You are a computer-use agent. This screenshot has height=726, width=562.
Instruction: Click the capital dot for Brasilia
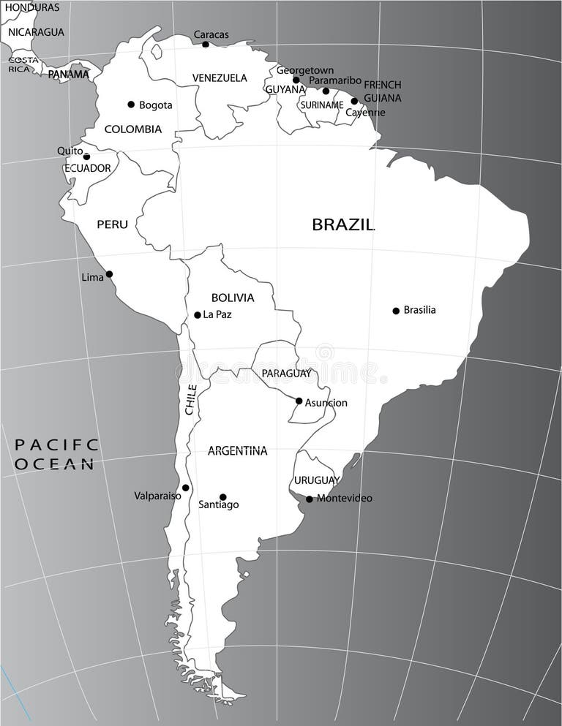[396, 311]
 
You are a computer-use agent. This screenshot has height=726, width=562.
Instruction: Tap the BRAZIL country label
[343, 224]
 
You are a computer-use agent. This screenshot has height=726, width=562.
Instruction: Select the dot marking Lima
[109, 274]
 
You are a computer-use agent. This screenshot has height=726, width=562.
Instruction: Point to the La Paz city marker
[197, 315]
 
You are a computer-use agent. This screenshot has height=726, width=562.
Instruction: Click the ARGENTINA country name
[237, 451]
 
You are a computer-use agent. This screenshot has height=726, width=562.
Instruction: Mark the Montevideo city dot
[309, 499]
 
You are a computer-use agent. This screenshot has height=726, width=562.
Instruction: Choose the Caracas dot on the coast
[206, 45]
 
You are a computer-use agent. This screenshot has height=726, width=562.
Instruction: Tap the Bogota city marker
[131, 105]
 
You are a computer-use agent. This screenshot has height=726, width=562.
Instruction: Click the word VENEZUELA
[220, 77]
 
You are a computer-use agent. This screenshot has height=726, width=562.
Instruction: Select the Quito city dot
[86, 156]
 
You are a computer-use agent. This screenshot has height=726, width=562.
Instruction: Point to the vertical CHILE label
[191, 400]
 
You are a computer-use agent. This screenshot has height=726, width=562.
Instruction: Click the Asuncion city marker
[299, 401]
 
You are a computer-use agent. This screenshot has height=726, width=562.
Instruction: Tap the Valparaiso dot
[185, 488]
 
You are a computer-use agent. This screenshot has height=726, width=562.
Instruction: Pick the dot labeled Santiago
[223, 497]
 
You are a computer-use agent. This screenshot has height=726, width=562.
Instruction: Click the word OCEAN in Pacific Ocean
[55, 464]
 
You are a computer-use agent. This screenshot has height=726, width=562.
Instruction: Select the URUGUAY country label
[317, 480]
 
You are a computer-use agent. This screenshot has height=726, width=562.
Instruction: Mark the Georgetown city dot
[296, 80]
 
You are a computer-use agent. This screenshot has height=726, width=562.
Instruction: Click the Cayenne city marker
[354, 102]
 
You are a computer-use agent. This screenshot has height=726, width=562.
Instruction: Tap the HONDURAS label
[33, 7]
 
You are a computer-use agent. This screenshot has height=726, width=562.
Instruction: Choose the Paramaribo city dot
[326, 91]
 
